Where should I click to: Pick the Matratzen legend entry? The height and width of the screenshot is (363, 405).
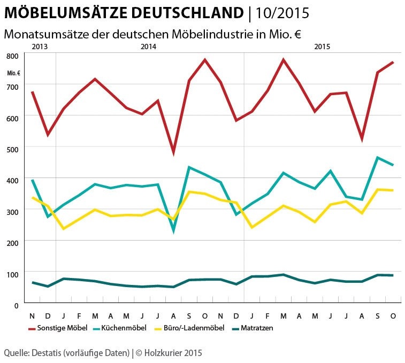click(x=258, y=328)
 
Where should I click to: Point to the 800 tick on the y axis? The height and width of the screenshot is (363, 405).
click(x=13, y=56)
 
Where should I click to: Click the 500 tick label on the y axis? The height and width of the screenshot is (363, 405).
click(x=13, y=149)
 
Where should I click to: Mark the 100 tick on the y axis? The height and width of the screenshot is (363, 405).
click(x=13, y=274)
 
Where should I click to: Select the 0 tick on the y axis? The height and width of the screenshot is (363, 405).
click(x=17, y=305)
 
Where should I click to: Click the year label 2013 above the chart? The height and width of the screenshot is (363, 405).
click(x=40, y=47)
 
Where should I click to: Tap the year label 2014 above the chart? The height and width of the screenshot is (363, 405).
click(x=148, y=47)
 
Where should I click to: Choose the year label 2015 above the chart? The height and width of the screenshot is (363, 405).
click(x=322, y=47)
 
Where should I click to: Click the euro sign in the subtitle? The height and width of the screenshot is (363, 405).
click(x=296, y=34)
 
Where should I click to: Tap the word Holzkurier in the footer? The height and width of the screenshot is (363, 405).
click(x=163, y=353)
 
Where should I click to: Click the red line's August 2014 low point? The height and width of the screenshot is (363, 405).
click(x=173, y=153)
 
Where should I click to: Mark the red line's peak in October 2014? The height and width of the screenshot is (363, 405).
click(x=205, y=60)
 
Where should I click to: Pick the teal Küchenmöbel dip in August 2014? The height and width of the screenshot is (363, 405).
click(x=173, y=231)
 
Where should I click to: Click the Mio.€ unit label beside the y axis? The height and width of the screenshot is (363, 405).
click(x=14, y=73)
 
